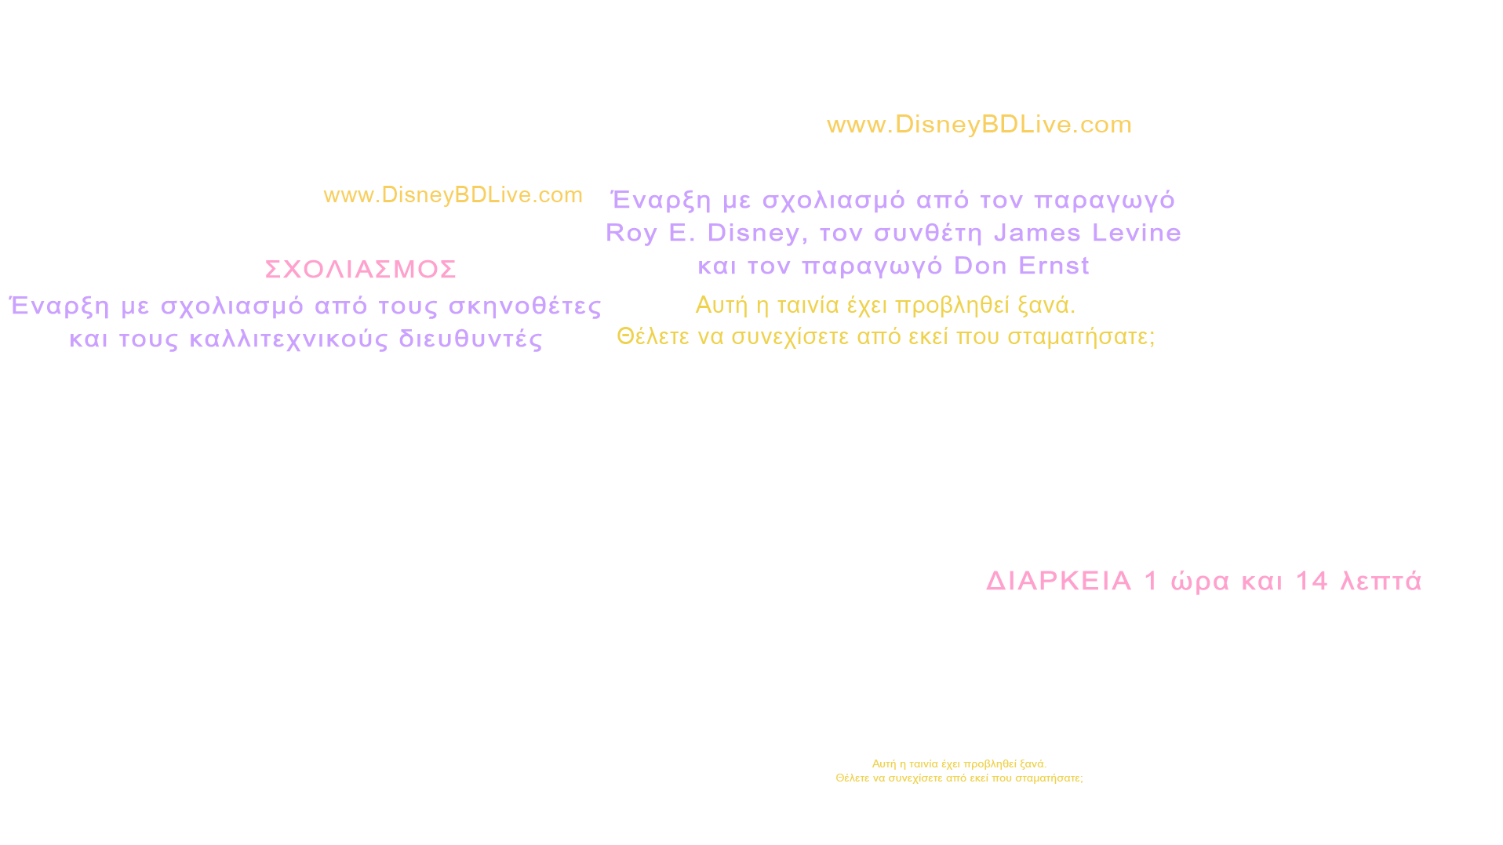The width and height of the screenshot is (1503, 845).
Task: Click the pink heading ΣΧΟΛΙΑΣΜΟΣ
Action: click(361, 269)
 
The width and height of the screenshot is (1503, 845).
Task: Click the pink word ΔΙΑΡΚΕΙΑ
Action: click(1058, 581)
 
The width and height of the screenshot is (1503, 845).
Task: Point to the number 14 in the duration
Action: click(1311, 581)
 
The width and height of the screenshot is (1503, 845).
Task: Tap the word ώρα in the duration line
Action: click(1200, 581)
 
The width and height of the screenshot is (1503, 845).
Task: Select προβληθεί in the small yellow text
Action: click(987, 764)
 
